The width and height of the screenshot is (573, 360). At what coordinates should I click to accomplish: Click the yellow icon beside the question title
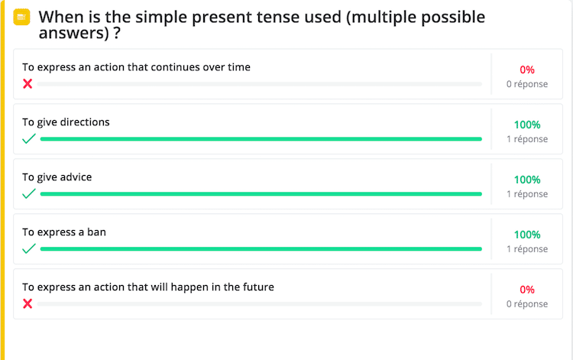(21, 17)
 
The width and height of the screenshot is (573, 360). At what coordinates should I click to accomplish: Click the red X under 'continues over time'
(28, 84)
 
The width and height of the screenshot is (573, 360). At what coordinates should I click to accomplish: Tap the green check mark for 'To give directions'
(29, 138)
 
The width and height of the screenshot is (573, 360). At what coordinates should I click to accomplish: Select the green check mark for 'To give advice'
(29, 193)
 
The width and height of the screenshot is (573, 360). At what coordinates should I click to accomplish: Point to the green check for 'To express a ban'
(29, 248)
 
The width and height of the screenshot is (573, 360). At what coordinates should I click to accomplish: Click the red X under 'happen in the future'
(28, 303)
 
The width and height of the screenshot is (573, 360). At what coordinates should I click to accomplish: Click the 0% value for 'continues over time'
(527, 70)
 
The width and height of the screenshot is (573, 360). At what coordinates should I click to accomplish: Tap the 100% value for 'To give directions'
(527, 125)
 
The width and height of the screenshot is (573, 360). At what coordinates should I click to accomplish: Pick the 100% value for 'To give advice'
(527, 180)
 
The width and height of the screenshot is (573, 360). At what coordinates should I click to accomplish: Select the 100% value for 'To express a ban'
(527, 235)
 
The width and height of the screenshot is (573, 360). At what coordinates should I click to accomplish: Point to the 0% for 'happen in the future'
(527, 290)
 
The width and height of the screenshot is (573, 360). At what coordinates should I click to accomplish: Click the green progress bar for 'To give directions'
(261, 139)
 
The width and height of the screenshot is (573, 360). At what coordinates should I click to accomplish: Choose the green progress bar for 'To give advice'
(261, 193)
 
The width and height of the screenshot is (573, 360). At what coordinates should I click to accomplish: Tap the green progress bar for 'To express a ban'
(261, 249)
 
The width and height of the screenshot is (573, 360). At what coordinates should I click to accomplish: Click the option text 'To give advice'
(57, 177)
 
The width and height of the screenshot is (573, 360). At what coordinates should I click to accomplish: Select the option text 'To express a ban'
(64, 232)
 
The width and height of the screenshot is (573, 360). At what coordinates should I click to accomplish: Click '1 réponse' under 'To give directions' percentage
(527, 139)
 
